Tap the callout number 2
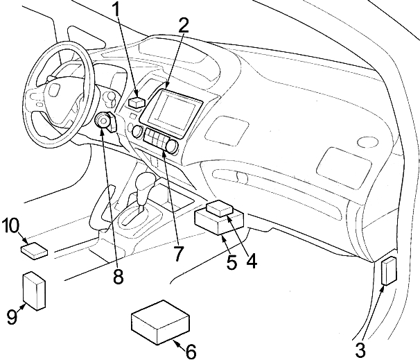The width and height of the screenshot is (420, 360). (x=183, y=25)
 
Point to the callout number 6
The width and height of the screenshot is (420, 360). (x=190, y=351)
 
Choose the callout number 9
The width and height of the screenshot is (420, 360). (x=12, y=317)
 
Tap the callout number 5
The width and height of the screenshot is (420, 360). (x=231, y=263)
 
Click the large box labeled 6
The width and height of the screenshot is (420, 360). (x=160, y=320)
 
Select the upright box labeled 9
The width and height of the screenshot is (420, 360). (x=34, y=289)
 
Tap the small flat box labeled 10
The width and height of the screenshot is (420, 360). (x=34, y=249)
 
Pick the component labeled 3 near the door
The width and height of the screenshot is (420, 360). (x=389, y=270)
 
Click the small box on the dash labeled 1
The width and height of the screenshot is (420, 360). (x=137, y=102)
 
